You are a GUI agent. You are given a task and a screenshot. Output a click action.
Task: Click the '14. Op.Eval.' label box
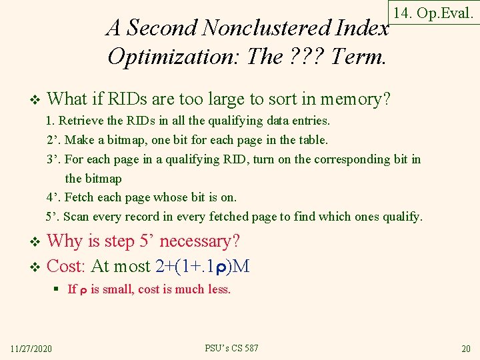click(x=434, y=13)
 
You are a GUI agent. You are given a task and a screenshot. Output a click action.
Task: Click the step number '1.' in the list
click(x=51, y=121)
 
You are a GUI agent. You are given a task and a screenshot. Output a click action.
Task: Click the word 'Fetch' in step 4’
click(x=82, y=197)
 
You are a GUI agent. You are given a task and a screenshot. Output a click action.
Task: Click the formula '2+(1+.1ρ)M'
click(x=202, y=267)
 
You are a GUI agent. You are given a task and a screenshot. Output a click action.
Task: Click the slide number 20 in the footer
click(x=465, y=349)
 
